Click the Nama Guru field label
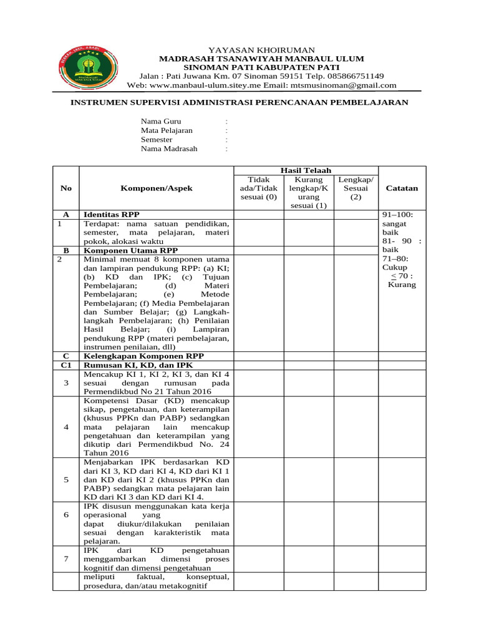[160, 121]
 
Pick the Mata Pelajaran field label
[167, 130]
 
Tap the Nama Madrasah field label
[169, 149]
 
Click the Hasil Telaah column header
[306, 170]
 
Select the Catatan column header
[402, 188]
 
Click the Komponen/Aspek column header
[157, 188]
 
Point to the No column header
[66, 188]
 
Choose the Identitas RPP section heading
[112, 213]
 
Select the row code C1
[66, 364]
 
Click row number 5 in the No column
[66, 480]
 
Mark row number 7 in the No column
[66, 559]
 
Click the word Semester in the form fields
[157, 140]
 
